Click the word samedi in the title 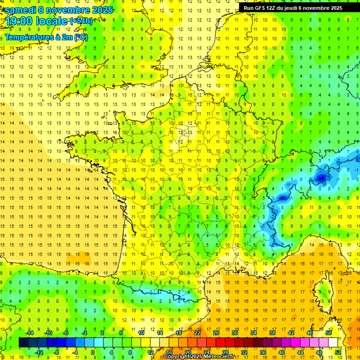tap(20, 10)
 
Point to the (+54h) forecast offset tap(81, 21)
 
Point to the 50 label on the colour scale tap(329, 333)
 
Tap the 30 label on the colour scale tap(235, 333)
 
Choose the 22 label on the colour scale tap(197, 333)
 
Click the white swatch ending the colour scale tap(333, 342)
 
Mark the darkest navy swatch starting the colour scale tap(24, 342)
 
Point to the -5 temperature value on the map tap(283, 198)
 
